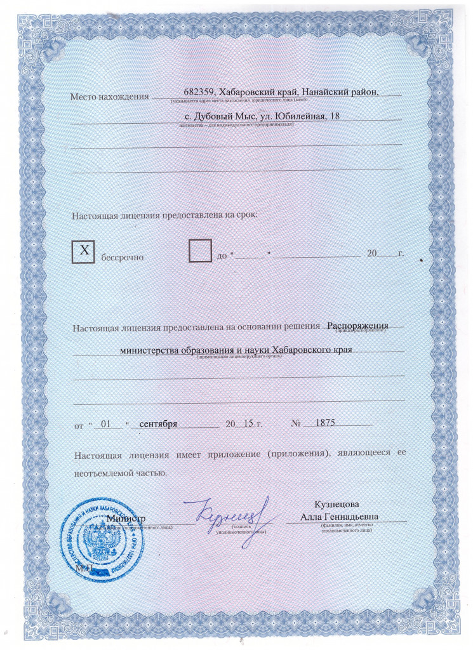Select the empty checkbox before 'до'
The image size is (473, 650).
tap(201, 251)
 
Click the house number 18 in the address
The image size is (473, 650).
tap(335, 116)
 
